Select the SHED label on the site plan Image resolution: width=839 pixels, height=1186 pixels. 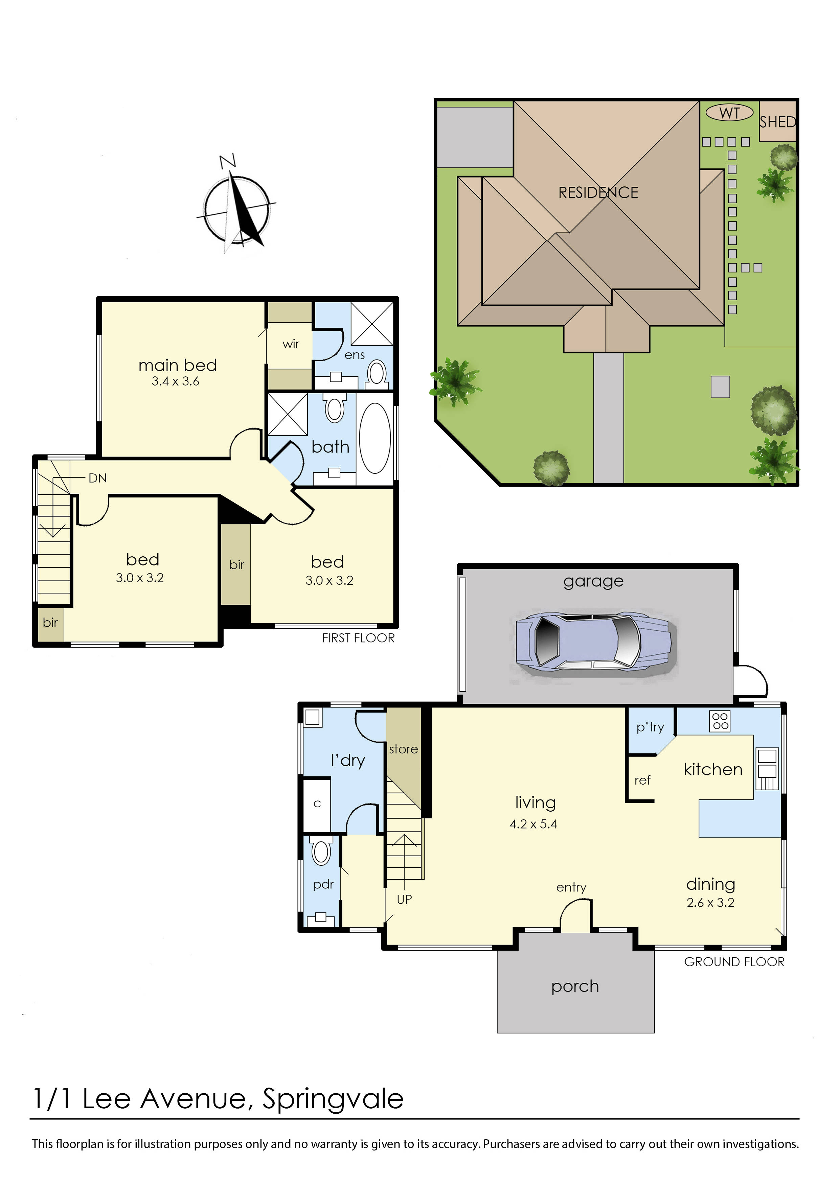777,122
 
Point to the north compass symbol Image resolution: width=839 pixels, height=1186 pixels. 236,209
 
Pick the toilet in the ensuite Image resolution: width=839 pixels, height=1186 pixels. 378,373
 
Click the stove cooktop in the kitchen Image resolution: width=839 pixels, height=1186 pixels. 720,721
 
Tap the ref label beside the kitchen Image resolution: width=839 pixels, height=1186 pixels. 642,781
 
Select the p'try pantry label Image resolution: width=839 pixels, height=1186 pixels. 650,727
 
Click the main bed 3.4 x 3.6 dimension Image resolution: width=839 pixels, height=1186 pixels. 175,382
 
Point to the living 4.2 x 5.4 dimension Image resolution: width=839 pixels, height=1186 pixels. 533,824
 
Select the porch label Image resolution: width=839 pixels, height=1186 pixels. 575,986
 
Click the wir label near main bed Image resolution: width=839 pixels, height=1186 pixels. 291,344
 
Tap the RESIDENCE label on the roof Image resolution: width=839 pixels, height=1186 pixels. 598,193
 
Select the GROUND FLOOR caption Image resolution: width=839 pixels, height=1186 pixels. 734,962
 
